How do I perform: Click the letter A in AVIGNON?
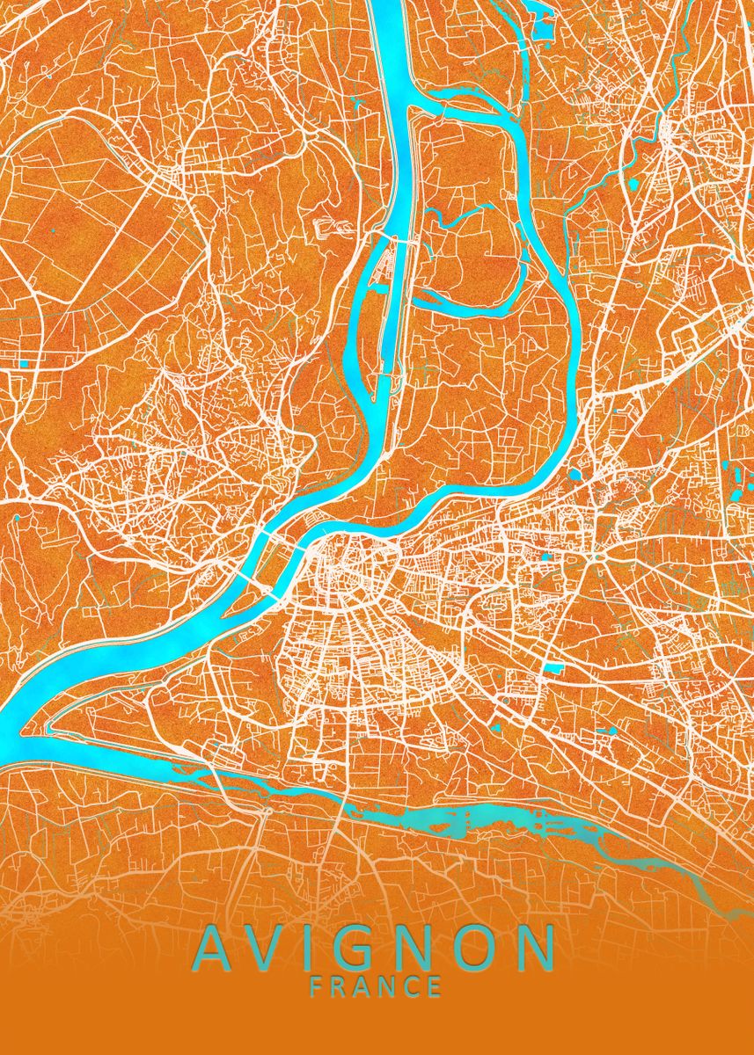[215, 948]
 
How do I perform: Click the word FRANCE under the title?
[376, 986]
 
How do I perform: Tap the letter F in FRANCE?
[317, 986]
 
